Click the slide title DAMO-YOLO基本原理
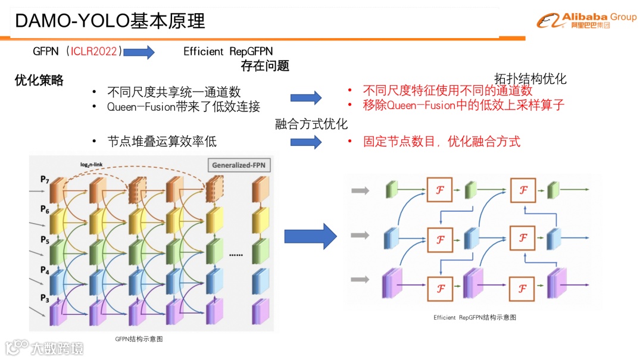110,21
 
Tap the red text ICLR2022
95,51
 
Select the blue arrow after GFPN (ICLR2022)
139,52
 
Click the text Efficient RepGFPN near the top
228,52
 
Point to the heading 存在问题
265,66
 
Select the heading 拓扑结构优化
530,79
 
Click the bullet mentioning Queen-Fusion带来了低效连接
183,107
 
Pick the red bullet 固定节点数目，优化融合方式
441,142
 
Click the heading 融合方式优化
311,124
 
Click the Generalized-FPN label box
239,165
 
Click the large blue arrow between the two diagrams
310,236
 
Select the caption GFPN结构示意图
139,339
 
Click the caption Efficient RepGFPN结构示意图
475,318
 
